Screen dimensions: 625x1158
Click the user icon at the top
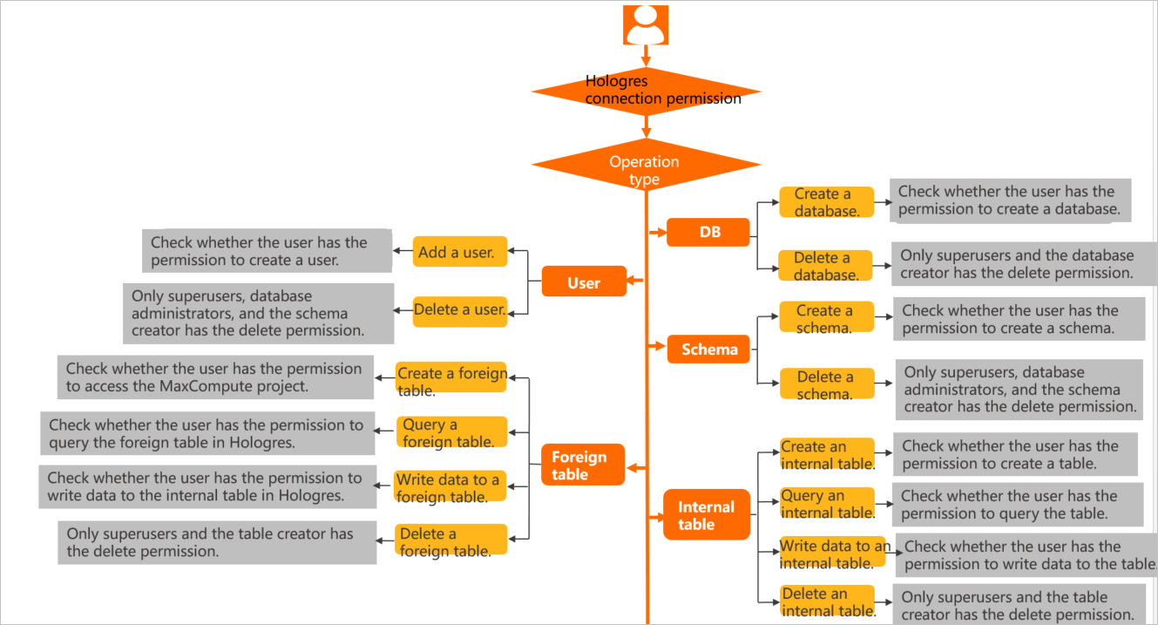coord(646,24)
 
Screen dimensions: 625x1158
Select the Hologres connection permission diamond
coord(646,91)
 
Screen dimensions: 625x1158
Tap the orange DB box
coord(708,233)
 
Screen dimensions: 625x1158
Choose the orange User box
coord(584,282)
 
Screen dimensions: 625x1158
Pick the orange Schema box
coord(708,349)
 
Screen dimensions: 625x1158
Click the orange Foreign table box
coord(582,465)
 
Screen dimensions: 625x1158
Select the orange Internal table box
coord(707,515)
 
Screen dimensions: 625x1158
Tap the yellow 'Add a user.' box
coord(459,252)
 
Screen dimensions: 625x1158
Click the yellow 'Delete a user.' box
coord(460,310)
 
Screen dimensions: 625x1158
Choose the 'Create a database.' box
coord(826,202)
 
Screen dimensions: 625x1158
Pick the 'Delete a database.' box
coord(826,266)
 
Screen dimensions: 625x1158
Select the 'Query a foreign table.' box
coord(450,432)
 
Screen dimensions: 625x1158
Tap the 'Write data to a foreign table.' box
coord(450,487)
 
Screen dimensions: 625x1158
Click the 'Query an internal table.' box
coord(826,504)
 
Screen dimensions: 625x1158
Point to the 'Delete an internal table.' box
coord(827,602)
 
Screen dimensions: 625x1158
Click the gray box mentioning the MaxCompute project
coord(215,377)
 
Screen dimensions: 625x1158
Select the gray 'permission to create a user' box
coord(267,251)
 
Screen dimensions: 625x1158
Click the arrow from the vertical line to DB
coord(656,233)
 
